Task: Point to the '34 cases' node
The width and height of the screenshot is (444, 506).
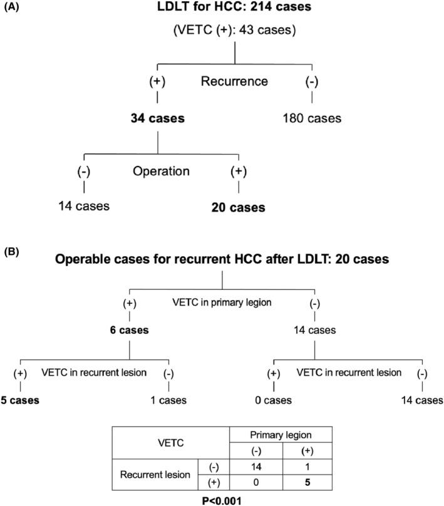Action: (x=157, y=118)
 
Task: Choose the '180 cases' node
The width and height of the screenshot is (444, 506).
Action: (x=311, y=118)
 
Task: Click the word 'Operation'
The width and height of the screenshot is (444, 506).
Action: (x=161, y=170)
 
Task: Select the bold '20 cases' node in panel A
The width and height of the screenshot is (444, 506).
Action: (x=239, y=206)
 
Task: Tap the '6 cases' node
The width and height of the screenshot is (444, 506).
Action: (x=128, y=330)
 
